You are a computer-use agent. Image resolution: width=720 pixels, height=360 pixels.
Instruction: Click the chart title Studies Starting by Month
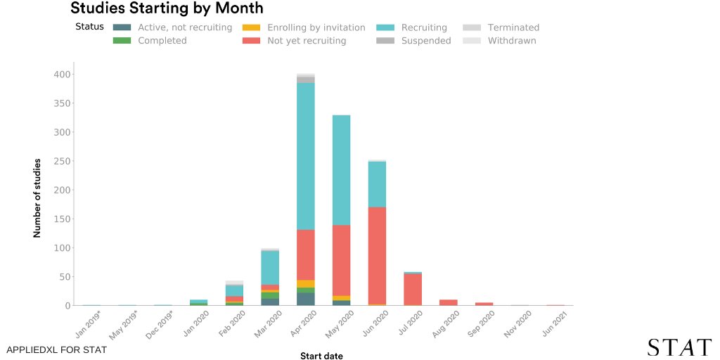pos(167,9)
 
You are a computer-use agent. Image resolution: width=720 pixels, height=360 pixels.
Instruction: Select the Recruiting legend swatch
pos(385,27)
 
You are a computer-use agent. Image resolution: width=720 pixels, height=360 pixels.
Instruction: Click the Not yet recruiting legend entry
pos(307,41)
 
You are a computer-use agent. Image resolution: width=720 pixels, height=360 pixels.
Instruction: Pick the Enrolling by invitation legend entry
pos(316,27)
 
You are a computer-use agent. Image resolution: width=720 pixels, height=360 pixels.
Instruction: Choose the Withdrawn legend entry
pos(512,41)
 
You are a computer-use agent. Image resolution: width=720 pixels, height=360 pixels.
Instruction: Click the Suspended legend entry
pos(426,41)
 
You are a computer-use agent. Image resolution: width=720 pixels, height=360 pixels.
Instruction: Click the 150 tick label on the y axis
pos(62,219)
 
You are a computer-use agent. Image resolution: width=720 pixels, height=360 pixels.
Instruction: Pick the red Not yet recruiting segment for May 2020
pos(341,260)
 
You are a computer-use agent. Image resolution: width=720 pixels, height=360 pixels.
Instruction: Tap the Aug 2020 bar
pos(449,302)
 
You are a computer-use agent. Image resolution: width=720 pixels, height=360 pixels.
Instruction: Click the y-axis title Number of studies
pos(37,198)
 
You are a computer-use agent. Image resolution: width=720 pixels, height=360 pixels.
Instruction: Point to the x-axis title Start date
pos(321,356)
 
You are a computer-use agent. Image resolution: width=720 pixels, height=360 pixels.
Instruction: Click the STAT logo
pos(679,347)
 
